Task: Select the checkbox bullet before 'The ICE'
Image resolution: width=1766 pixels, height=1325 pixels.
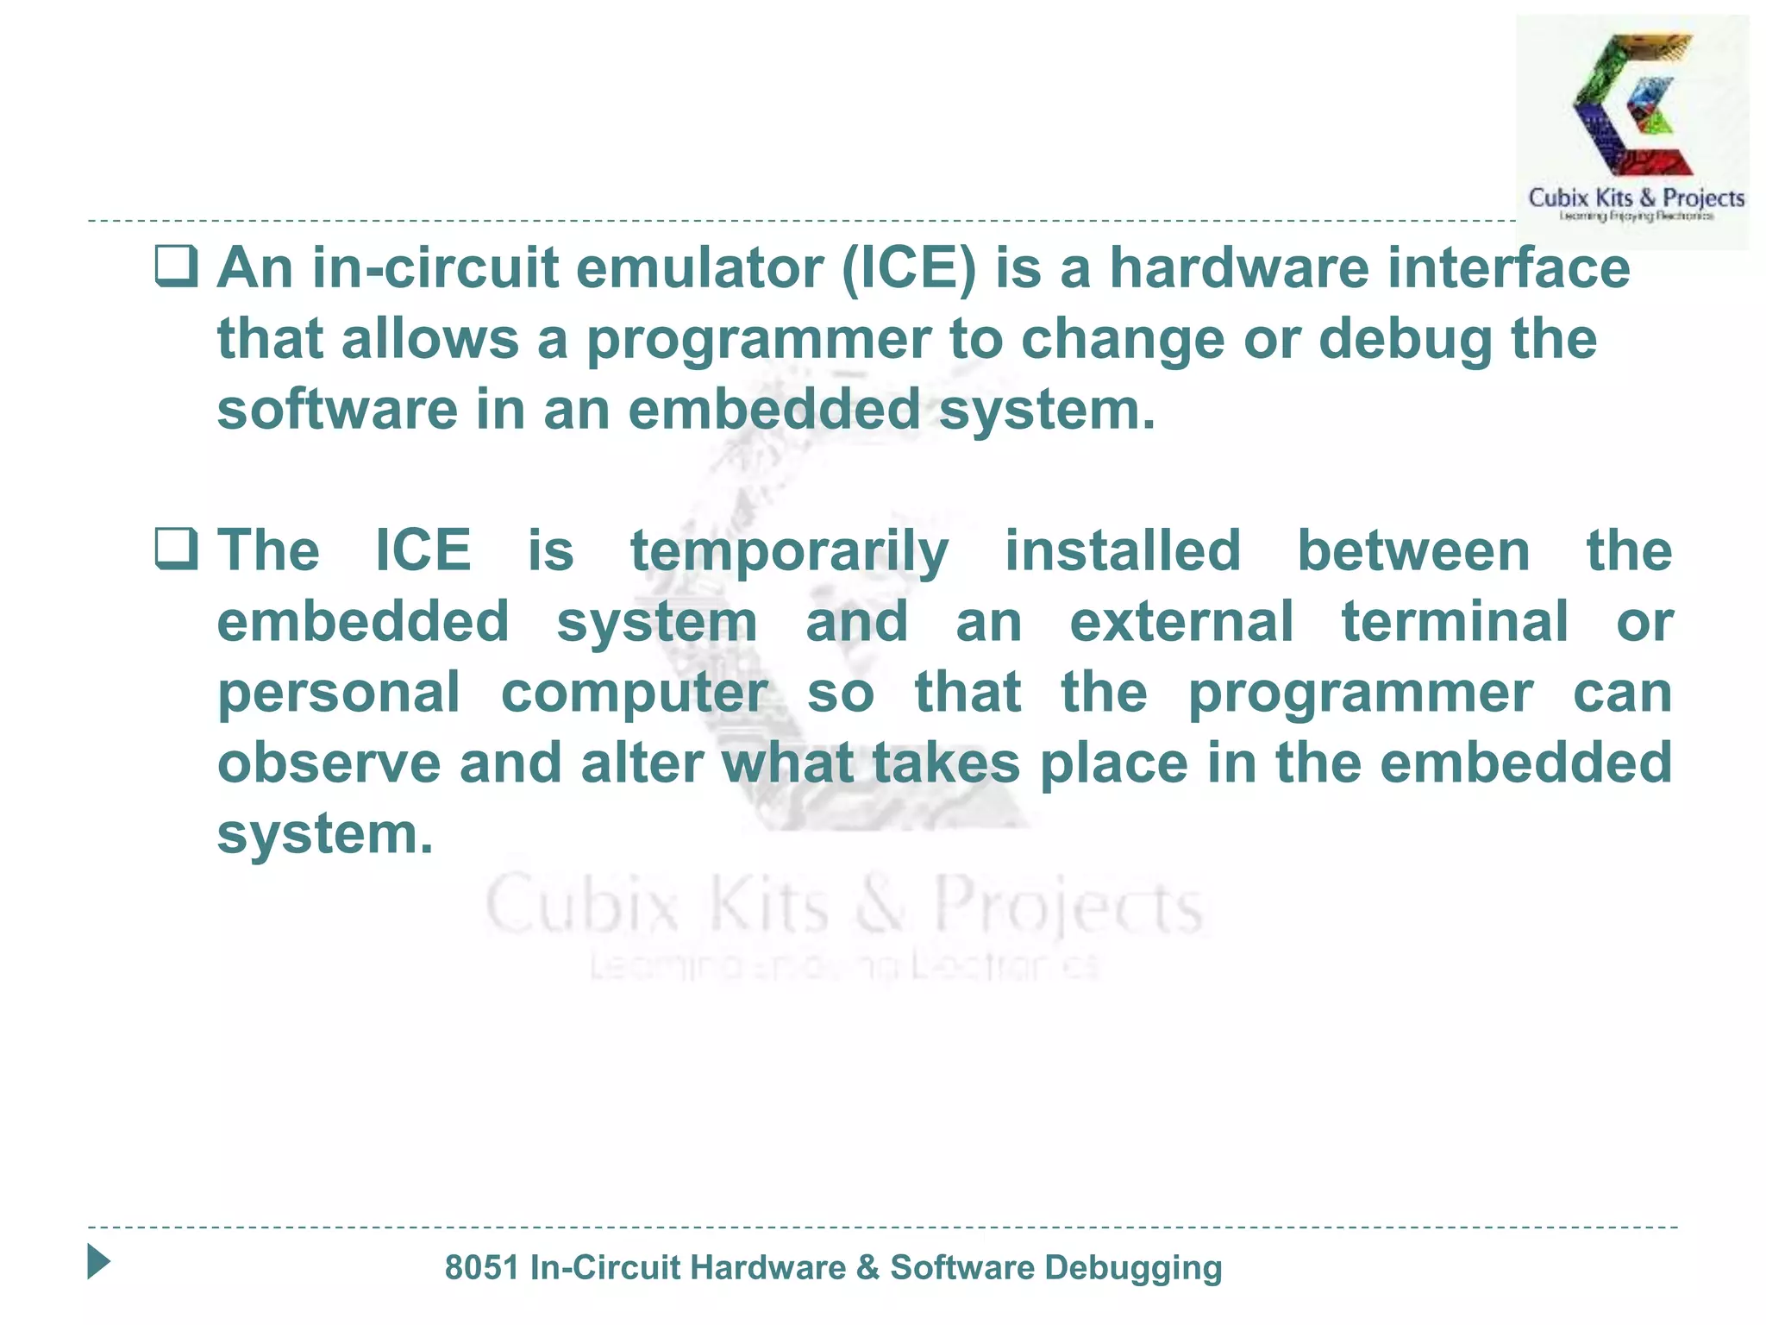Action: click(177, 549)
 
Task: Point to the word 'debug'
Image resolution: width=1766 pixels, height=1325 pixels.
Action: click(1405, 339)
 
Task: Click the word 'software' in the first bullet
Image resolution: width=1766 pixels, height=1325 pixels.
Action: click(337, 410)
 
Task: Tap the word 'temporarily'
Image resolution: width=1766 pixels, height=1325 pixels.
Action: click(789, 552)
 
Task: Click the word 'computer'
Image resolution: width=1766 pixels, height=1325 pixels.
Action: click(634, 694)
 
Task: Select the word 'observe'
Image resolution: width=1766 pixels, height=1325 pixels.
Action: click(329, 763)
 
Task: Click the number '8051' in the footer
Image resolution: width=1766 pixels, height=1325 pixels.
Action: click(481, 1268)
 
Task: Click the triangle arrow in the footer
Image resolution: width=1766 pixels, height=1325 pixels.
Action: click(98, 1262)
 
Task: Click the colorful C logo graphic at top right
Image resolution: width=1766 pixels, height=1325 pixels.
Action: click(1632, 104)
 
